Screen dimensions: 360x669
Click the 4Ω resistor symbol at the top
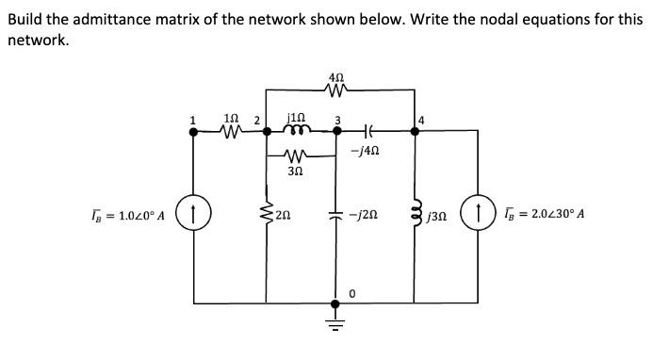pos(336,91)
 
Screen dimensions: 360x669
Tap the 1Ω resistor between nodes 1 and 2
pos(229,132)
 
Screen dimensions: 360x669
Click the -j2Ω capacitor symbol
pos(334,213)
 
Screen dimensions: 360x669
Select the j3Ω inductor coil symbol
pos(415,213)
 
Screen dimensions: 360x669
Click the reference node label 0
pos(351,294)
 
